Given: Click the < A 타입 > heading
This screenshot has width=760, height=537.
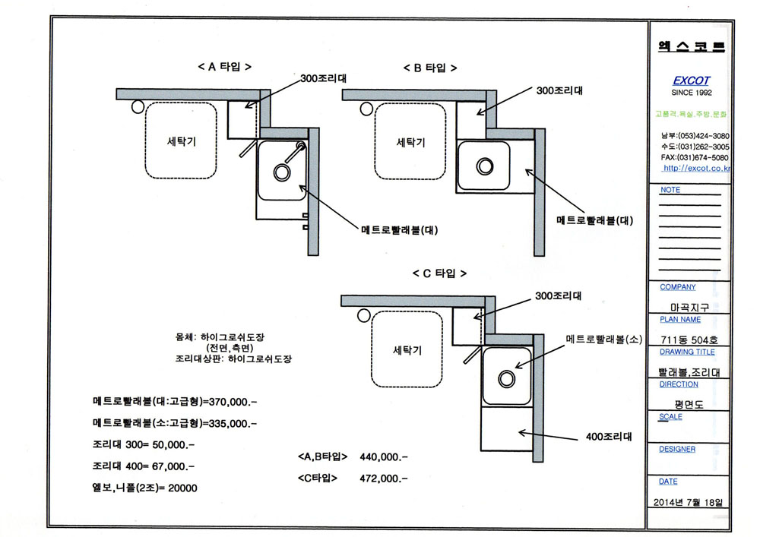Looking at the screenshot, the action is [x=224, y=67].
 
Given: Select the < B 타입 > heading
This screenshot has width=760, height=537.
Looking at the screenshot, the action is [x=430, y=68].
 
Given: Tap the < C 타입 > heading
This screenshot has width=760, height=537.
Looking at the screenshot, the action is [x=439, y=273].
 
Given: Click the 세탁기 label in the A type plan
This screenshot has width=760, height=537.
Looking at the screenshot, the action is [x=182, y=141].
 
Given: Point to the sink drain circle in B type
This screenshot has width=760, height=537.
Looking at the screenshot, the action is [x=485, y=166].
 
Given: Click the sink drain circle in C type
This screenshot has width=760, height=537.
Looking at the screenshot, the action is [x=506, y=379].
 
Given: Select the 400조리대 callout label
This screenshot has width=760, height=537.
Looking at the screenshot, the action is [x=609, y=437].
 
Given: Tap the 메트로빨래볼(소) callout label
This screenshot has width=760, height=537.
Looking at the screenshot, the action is [x=604, y=340].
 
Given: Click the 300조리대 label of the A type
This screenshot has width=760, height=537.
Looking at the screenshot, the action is [x=323, y=78].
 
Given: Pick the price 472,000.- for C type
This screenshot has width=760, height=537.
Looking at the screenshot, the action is [x=383, y=479].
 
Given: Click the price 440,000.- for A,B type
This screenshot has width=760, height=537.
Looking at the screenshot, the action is [x=383, y=457].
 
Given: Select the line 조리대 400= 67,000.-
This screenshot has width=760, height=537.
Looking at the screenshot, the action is [x=144, y=466].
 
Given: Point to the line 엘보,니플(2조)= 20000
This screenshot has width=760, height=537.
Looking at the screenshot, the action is [x=144, y=488].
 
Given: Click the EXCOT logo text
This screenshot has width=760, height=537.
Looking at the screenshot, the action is [x=691, y=81].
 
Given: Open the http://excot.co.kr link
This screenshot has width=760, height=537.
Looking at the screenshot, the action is [x=696, y=168].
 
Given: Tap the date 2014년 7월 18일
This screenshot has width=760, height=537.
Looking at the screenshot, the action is [x=688, y=502].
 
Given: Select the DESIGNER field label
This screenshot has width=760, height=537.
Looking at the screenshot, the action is [x=677, y=450].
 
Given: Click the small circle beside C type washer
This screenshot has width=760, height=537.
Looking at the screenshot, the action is [x=364, y=316].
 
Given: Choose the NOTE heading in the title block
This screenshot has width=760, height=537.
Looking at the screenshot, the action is [x=670, y=190].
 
